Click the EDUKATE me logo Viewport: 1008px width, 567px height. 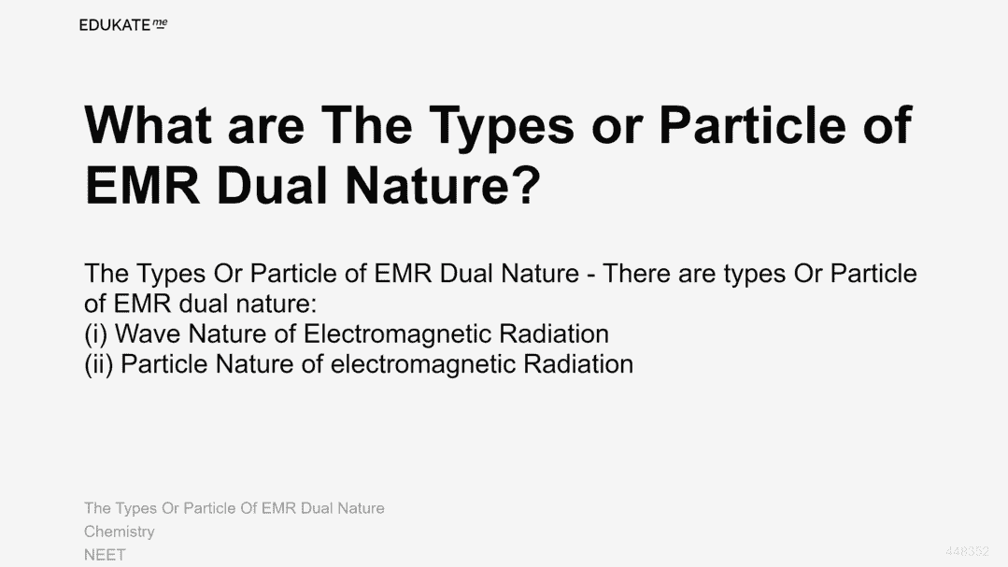(x=123, y=25)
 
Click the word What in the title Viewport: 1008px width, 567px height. (x=149, y=125)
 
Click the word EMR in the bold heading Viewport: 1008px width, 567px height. (x=143, y=185)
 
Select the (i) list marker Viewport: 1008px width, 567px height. (x=96, y=334)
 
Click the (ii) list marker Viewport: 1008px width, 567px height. (x=99, y=364)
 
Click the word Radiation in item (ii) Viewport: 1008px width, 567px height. (x=578, y=364)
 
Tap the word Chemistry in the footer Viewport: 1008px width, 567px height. (x=120, y=532)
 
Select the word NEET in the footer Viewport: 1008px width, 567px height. (x=105, y=554)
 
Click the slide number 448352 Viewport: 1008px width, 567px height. (x=967, y=551)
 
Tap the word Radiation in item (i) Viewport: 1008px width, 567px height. (x=553, y=333)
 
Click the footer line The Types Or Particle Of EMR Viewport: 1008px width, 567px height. (x=234, y=508)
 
